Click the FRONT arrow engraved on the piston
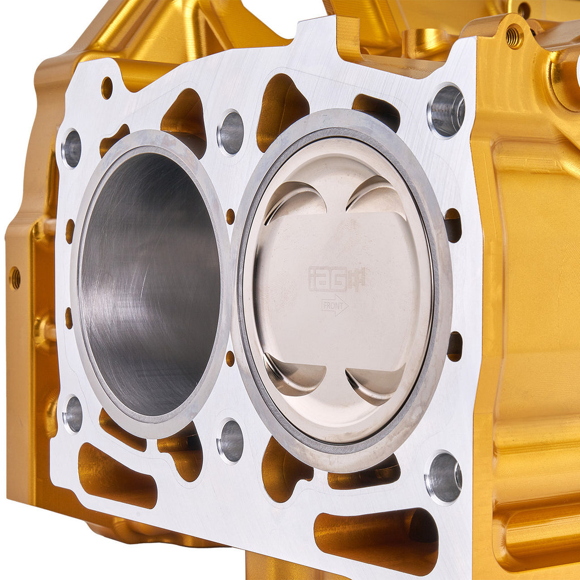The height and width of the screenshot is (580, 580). tap(335, 305)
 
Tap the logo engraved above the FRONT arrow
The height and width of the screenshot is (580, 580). tap(336, 279)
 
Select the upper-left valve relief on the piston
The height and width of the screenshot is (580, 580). tap(296, 202)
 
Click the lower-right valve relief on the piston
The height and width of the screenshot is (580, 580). tap(376, 383)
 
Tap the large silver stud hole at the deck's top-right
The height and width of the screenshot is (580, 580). tap(446, 110)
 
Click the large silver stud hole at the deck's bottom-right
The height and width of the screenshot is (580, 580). tap(443, 477)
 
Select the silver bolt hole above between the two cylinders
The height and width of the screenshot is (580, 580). tap(231, 133)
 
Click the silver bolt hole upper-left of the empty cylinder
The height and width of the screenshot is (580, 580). tap(71, 148)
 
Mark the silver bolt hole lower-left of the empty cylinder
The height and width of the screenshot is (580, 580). tap(72, 414)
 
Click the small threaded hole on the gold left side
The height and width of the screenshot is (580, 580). tap(15, 278)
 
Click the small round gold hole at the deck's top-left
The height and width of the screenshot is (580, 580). tap(106, 88)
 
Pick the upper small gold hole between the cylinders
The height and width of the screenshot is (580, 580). tap(230, 216)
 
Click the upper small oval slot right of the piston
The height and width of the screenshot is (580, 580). tap(453, 225)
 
